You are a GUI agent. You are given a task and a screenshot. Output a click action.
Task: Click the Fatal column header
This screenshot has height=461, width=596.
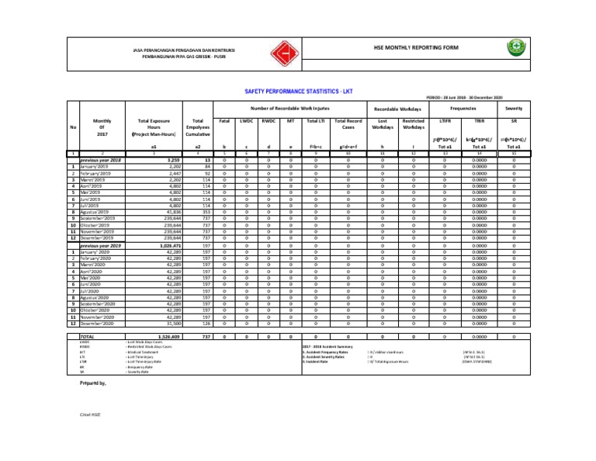pyautogui.click(x=224, y=121)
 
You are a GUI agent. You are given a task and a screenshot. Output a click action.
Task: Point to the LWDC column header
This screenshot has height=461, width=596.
pyautogui.click(x=246, y=121)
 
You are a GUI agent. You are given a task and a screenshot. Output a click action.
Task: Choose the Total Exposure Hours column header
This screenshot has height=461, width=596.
pyautogui.click(x=154, y=127)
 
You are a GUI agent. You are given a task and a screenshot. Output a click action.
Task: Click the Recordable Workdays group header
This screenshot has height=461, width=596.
pyautogui.click(x=397, y=109)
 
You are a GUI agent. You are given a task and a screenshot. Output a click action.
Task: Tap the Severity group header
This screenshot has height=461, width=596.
pyautogui.click(x=514, y=109)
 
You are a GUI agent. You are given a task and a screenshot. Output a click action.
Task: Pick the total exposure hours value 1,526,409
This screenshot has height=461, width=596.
pyautogui.click(x=168, y=337)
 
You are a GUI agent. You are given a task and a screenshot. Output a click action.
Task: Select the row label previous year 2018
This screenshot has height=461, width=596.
pyautogui.click(x=100, y=160)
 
